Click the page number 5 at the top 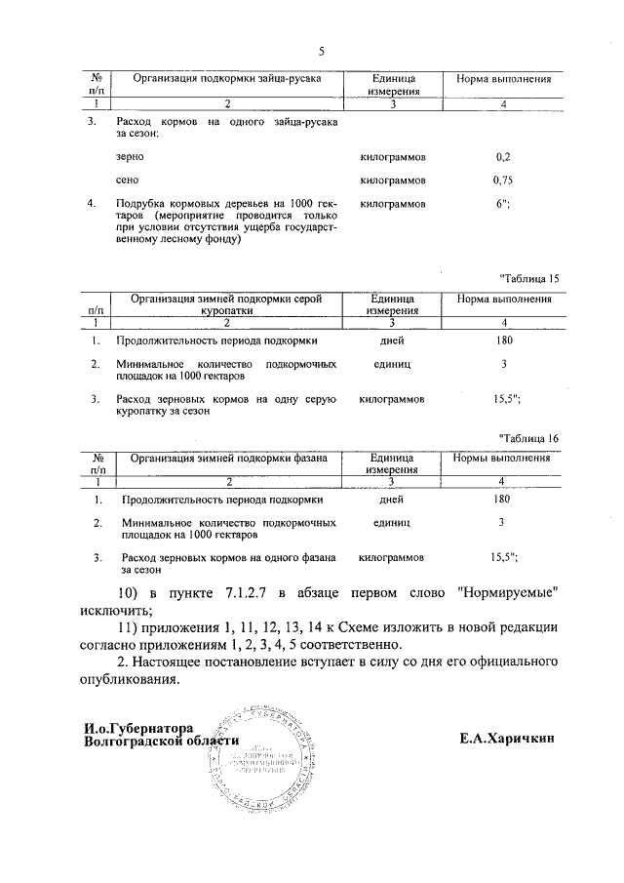321,51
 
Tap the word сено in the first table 127,181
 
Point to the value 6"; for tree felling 503,204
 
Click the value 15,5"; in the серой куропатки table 504,399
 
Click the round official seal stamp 257,752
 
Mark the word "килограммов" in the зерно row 392,156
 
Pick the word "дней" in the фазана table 392,500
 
